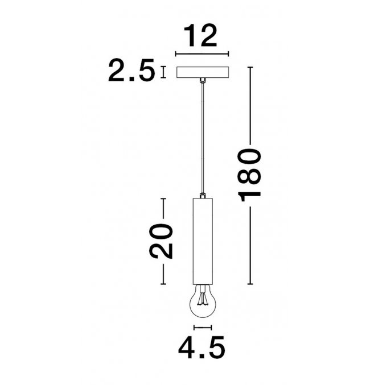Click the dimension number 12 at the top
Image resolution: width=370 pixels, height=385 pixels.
click(x=200, y=36)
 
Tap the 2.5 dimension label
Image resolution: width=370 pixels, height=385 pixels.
click(x=131, y=70)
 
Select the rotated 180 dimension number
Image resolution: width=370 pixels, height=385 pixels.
click(x=250, y=175)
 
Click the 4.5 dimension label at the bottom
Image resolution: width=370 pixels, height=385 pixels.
click(x=202, y=347)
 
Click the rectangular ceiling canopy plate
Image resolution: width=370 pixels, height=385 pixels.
click(x=203, y=72)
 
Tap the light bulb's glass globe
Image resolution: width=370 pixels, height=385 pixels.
click(x=203, y=301)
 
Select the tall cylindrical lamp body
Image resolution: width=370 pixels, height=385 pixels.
click(x=203, y=241)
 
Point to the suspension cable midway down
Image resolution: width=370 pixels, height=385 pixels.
click(x=203, y=138)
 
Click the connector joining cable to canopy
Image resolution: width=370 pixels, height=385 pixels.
click(x=203, y=80)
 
